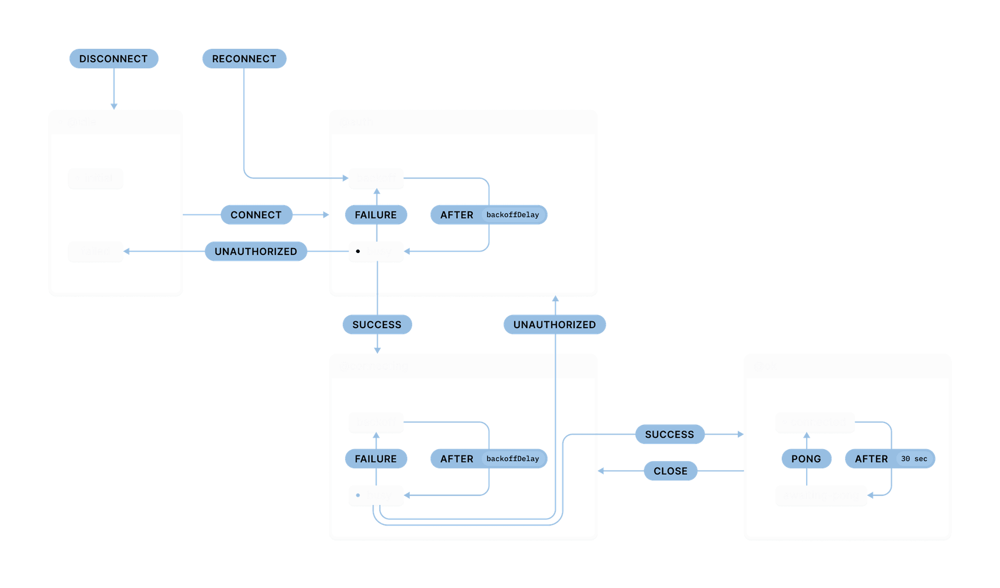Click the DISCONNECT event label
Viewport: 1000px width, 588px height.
point(113,59)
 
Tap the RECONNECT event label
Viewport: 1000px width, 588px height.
point(244,59)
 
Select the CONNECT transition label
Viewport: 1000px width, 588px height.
point(256,215)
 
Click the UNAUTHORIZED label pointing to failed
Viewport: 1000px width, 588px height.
point(256,252)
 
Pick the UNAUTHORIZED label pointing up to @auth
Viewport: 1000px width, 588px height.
point(554,325)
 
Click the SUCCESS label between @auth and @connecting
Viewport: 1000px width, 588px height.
point(377,325)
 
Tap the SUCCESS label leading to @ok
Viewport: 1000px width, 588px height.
point(669,435)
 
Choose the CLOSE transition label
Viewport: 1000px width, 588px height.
point(670,471)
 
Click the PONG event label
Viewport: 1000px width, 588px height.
point(806,459)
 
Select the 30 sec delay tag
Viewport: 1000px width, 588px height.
point(914,459)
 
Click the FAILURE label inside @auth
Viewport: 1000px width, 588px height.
point(375,215)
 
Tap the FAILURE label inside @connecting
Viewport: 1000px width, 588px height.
point(375,459)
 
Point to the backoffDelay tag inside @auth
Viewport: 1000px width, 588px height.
point(513,215)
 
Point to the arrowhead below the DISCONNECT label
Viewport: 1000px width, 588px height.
point(114,106)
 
